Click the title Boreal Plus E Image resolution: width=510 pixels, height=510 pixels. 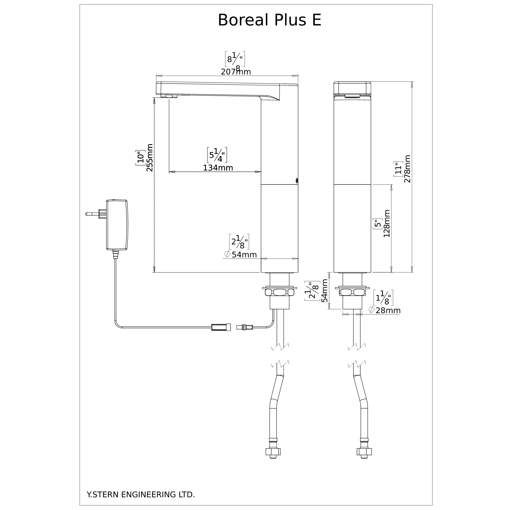click(269, 20)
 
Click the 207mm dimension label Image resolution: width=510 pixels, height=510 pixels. click(236, 72)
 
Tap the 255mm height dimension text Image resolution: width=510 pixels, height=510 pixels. click(149, 157)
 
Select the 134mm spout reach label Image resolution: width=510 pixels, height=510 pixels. click(218, 168)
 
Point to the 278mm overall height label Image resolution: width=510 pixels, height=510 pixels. click(408, 169)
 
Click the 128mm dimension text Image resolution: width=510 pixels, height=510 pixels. click(387, 224)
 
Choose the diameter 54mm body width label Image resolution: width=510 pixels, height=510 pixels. click(241, 255)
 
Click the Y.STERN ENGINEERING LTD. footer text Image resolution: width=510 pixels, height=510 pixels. click(141, 486)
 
